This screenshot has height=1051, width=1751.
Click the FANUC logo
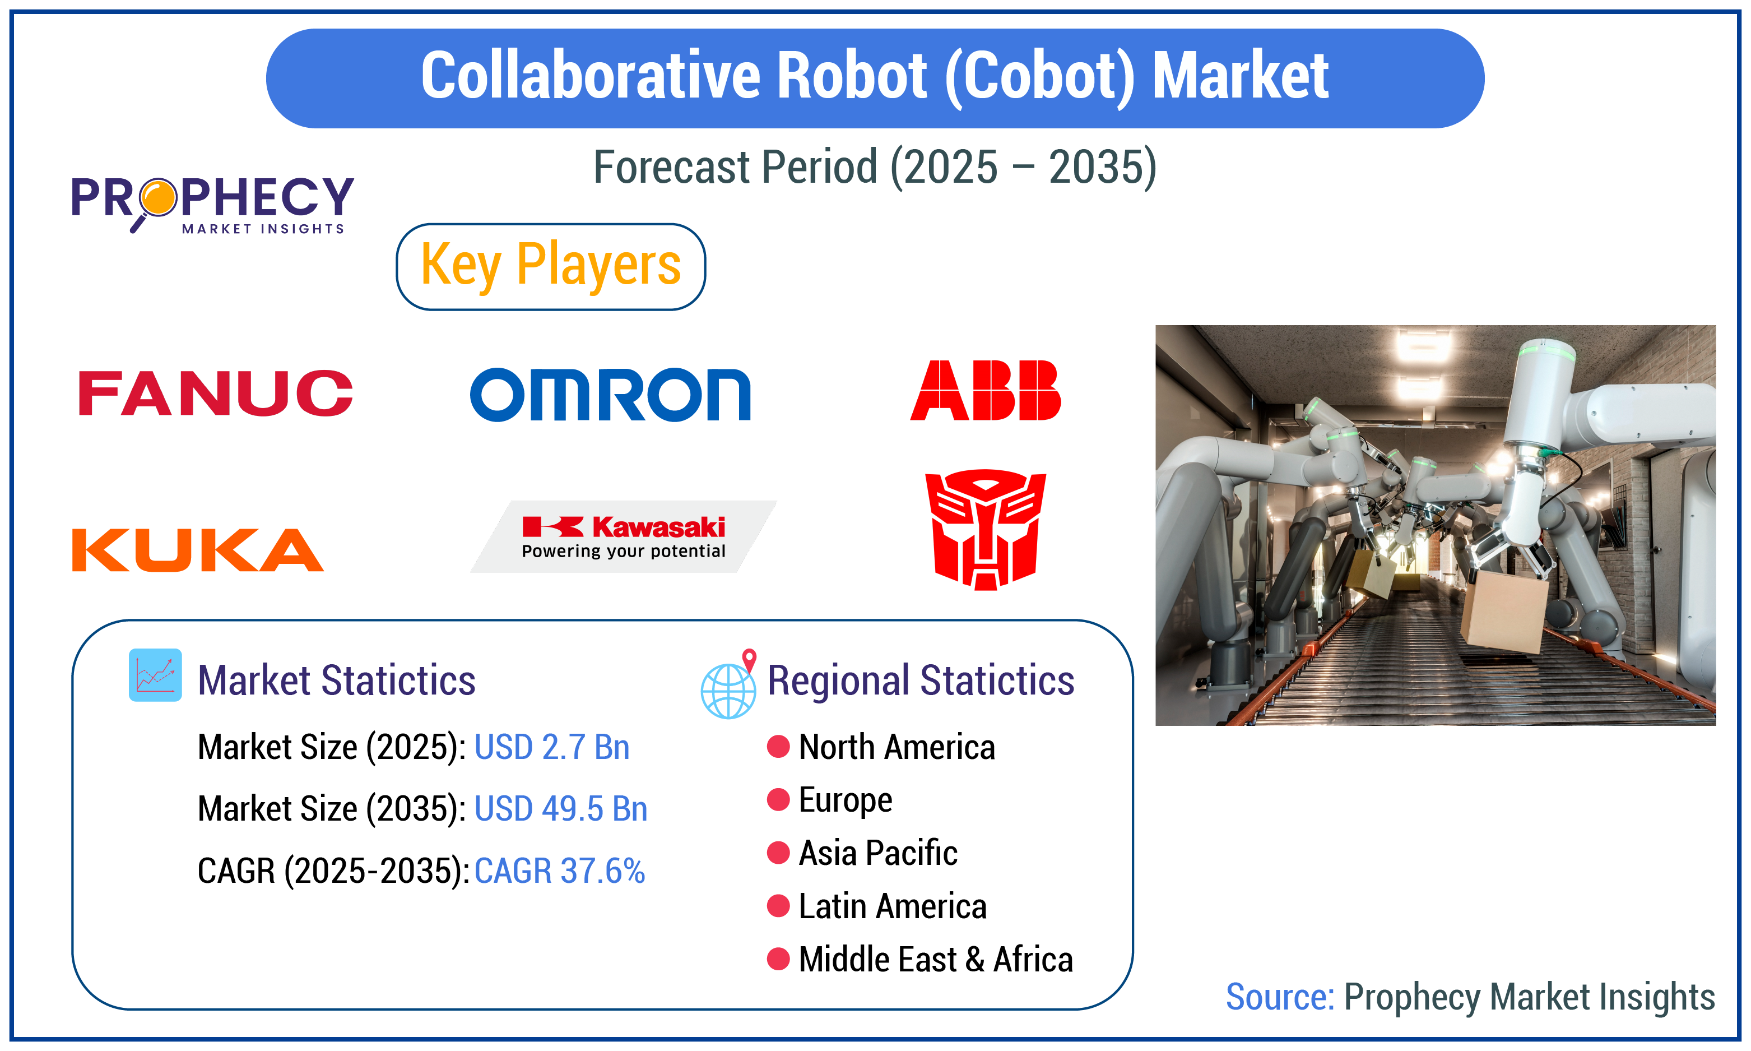click(x=215, y=393)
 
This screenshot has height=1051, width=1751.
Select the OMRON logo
click(x=610, y=395)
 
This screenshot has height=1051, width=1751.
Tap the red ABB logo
click(x=985, y=390)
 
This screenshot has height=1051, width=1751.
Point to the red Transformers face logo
click(x=985, y=529)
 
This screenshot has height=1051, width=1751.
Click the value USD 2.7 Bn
click(x=551, y=747)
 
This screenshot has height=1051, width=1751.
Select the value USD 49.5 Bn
click(x=560, y=809)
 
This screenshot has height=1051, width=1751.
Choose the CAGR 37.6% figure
click(x=559, y=871)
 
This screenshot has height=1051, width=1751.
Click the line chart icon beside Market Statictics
click(x=155, y=675)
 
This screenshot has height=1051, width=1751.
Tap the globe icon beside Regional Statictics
click(x=728, y=689)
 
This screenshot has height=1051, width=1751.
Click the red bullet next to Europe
click(x=778, y=799)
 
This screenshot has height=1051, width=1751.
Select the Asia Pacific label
click(x=877, y=853)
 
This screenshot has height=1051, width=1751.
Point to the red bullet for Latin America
click(x=778, y=906)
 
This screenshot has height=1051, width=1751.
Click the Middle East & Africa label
click(x=935, y=960)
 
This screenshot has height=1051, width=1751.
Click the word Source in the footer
click(x=1279, y=997)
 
